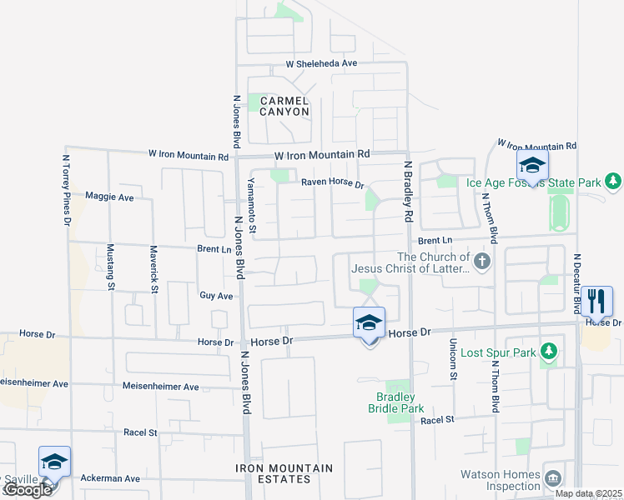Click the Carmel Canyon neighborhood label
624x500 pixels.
(x=284, y=106)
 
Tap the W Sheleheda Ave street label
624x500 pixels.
(x=321, y=63)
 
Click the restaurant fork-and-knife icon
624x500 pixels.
(x=596, y=299)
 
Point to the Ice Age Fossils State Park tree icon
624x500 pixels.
(x=613, y=181)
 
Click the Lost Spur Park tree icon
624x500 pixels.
(x=548, y=352)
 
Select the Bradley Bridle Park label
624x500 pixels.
(x=396, y=402)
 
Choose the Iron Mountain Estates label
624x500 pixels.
(x=285, y=473)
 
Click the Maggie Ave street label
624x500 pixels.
(x=109, y=197)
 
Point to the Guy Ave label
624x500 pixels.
(x=216, y=296)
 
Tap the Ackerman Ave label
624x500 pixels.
(x=110, y=478)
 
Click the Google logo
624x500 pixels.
(x=27, y=490)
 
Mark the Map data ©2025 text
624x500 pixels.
(x=588, y=493)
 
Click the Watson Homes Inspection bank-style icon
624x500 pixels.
(x=552, y=477)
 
